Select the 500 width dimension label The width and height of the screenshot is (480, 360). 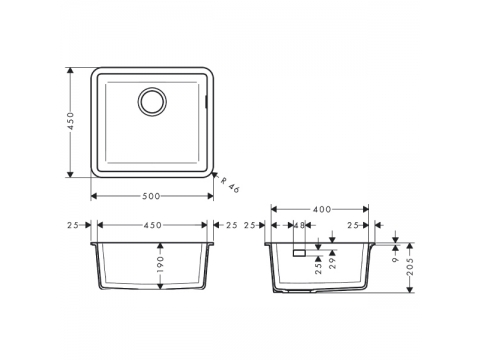point(151,196)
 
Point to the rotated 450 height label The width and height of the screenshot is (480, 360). point(71,121)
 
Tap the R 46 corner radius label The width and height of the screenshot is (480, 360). point(230,185)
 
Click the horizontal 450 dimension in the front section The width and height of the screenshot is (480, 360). point(153,225)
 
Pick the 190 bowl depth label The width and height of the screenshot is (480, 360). point(161,264)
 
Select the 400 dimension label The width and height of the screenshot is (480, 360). point(322,209)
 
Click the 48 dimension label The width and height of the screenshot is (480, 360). point(300,225)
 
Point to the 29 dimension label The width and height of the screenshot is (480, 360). point(332,263)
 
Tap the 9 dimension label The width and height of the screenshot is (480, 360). point(396,259)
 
